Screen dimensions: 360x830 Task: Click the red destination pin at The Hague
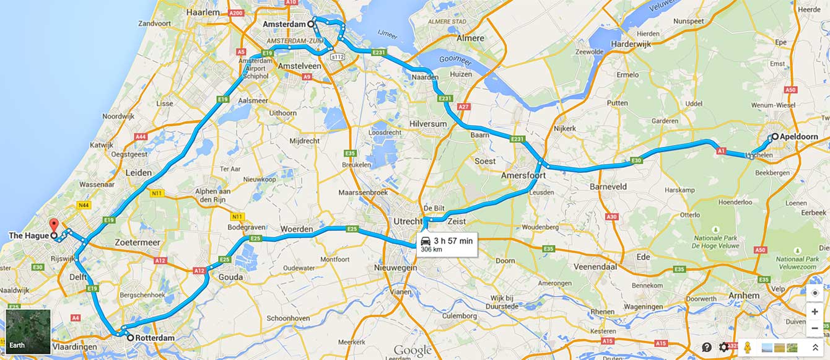pyautogui.click(x=53, y=225)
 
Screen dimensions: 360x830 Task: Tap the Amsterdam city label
pyautogui.click(x=284, y=24)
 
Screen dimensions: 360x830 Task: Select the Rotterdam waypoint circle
pyautogui.click(x=130, y=338)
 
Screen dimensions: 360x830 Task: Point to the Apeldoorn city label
pyautogui.click(x=800, y=137)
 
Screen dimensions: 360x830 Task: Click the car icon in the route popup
pyautogui.click(x=426, y=240)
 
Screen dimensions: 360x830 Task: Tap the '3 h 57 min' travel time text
pyautogui.click(x=453, y=240)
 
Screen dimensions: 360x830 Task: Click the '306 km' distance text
pyautogui.click(x=432, y=250)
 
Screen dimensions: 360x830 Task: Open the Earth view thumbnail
pyautogui.click(x=28, y=331)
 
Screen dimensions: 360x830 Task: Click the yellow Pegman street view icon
pyautogui.click(x=748, y=347)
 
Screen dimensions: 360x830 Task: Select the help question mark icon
pyautogui.click(x=707, y=347)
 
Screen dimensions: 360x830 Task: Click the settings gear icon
pyautogui.click(x=723, y=347)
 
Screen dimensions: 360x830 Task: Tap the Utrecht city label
pyautogui.click(x=406, y=221)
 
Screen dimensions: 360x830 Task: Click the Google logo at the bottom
pyautogui.click(x=412, y=351)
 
